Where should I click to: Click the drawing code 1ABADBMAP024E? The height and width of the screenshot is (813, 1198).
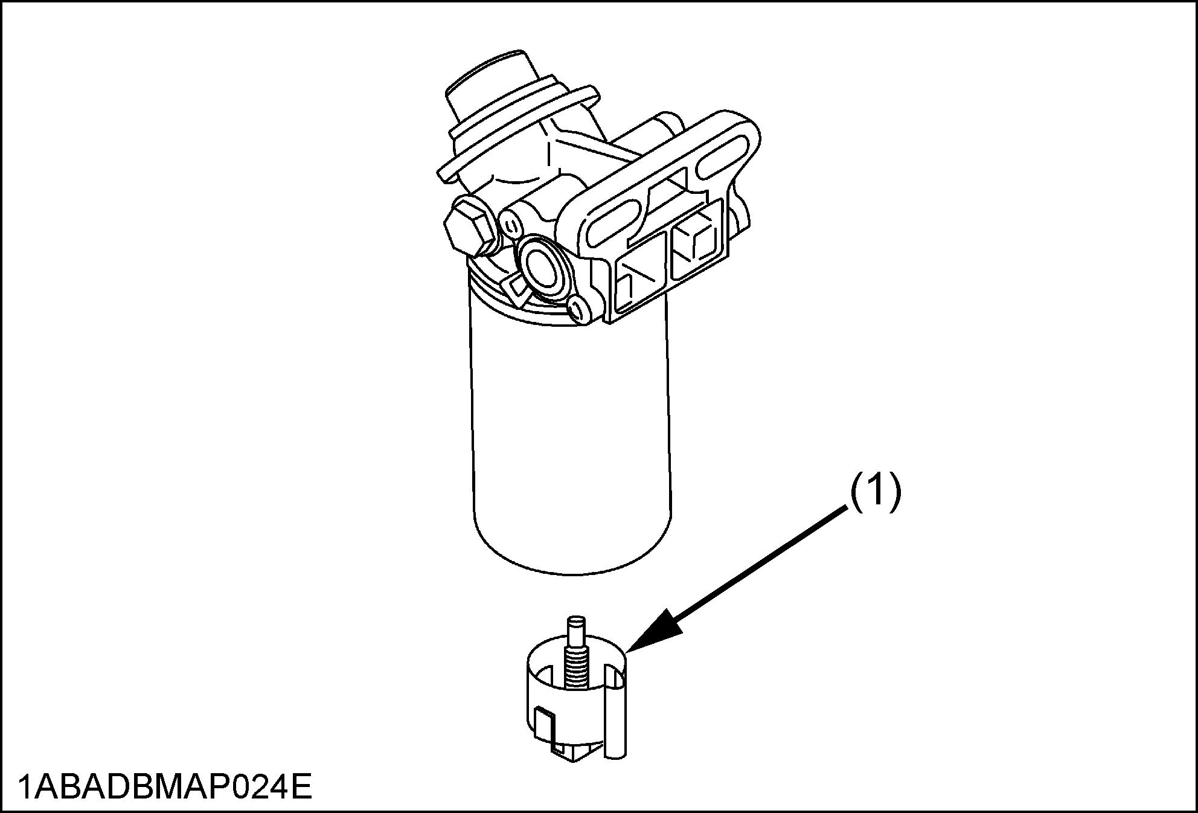click(165, 787)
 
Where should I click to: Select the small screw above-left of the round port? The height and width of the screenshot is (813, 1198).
click(511, 227)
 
